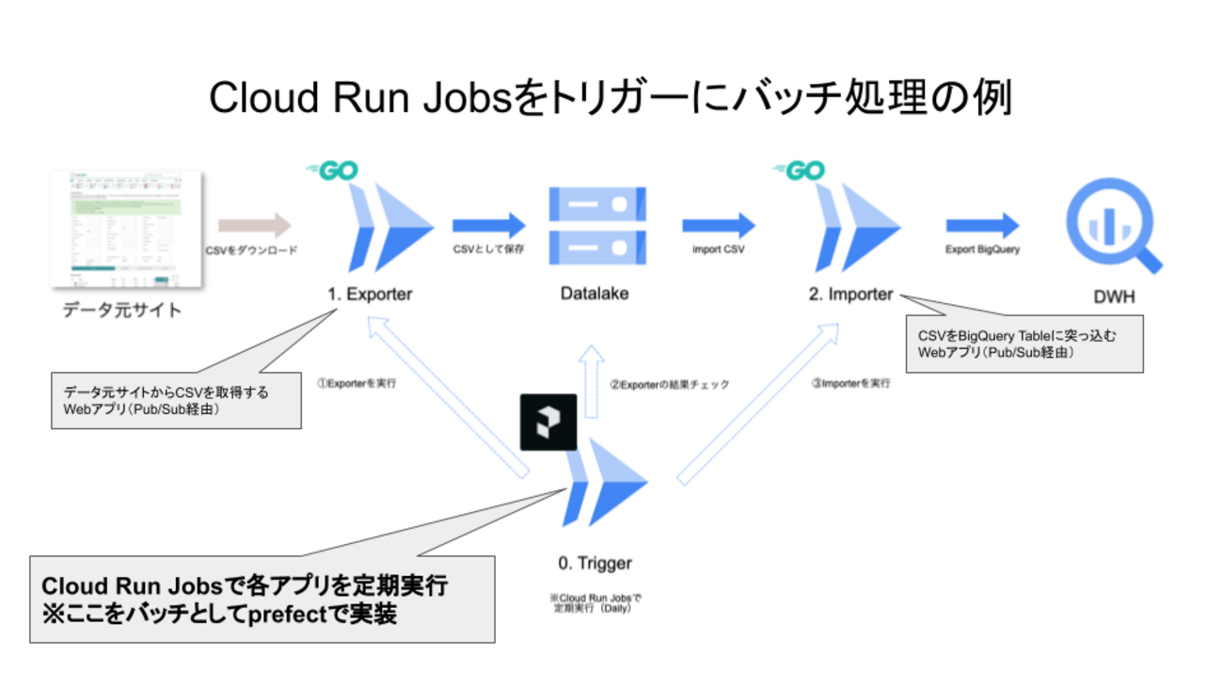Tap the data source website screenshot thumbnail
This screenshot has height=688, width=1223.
point(126,229)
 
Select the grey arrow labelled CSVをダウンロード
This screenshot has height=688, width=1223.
point(255,225)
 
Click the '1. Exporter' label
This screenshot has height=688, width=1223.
point(370,295)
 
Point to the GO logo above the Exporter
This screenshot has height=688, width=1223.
point(332,171)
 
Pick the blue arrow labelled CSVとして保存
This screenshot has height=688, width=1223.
point(488,225)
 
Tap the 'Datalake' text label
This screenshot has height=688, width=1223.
point(595,294)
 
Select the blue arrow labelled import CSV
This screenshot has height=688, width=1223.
point(719,225)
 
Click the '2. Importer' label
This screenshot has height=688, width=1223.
point(850,295)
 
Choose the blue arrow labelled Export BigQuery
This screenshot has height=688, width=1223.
point(982,225)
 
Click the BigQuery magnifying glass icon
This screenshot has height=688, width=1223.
point(1113,227)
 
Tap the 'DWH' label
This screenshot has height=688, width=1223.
point(1114,297)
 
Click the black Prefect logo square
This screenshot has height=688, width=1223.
point(548,422)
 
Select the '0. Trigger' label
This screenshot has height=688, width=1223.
point(595,564)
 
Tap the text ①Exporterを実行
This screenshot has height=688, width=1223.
point(356,384)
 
